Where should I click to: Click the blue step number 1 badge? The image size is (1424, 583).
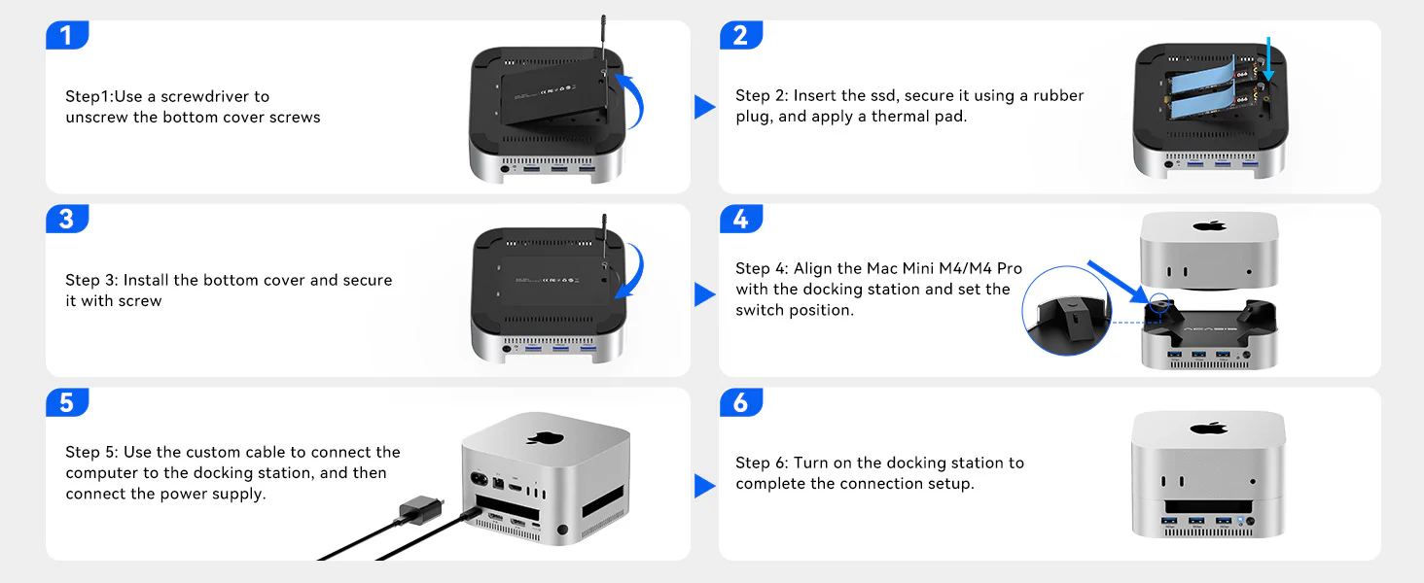[x=66, y=35]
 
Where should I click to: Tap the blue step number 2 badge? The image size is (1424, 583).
[x=740, y=35]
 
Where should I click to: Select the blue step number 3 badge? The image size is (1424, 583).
[x=66, y=219]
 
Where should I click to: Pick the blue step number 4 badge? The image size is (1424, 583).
[x=740, y=219]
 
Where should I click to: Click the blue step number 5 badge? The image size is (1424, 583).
[x=66, y=402]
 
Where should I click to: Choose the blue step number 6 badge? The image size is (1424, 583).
[x=740, y=402]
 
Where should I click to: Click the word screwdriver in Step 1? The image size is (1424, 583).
[x=208, y=96]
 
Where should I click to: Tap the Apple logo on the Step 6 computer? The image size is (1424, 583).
[x=1207, y=428]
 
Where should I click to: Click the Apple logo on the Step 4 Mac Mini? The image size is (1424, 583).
[x=1209, y=226]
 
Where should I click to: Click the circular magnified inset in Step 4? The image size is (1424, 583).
[x=1067, y=312]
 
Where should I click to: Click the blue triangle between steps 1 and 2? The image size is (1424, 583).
[x=704, y=107]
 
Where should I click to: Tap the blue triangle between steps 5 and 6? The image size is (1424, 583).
[x=704, y=486]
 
